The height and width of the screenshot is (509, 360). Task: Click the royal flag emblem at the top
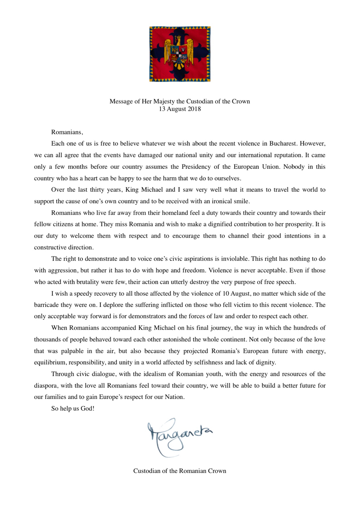click(x=180, y=54)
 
